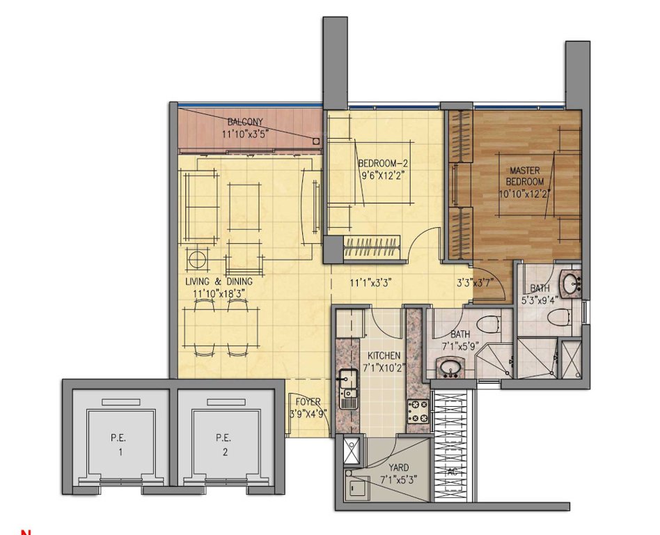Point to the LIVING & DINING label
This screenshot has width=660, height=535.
pos(219,281)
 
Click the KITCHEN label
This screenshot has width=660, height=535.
pos(384,356)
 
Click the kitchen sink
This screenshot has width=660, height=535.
pos(347,380)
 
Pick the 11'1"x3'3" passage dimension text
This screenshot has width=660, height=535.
pos(372,283)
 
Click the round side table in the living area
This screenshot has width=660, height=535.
pos(198,261)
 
